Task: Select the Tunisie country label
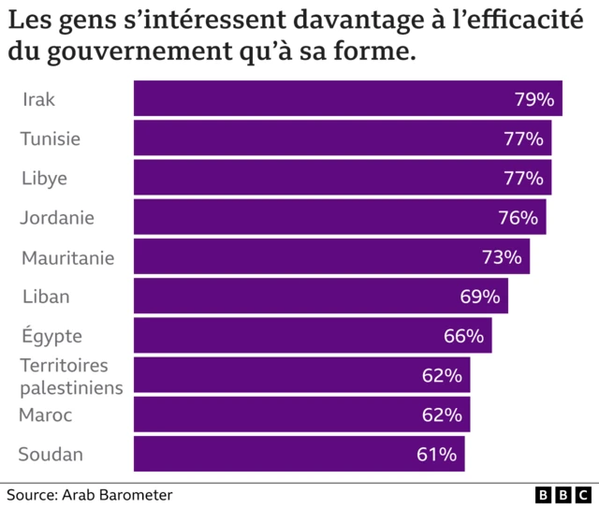51,138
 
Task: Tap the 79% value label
534,99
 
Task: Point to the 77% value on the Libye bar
523,178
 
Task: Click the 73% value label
502,257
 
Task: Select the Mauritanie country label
67,257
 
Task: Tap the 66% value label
463,336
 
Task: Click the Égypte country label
52,336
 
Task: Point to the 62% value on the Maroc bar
442,415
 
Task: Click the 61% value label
436,455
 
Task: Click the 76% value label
518,218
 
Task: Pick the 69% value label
480,297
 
